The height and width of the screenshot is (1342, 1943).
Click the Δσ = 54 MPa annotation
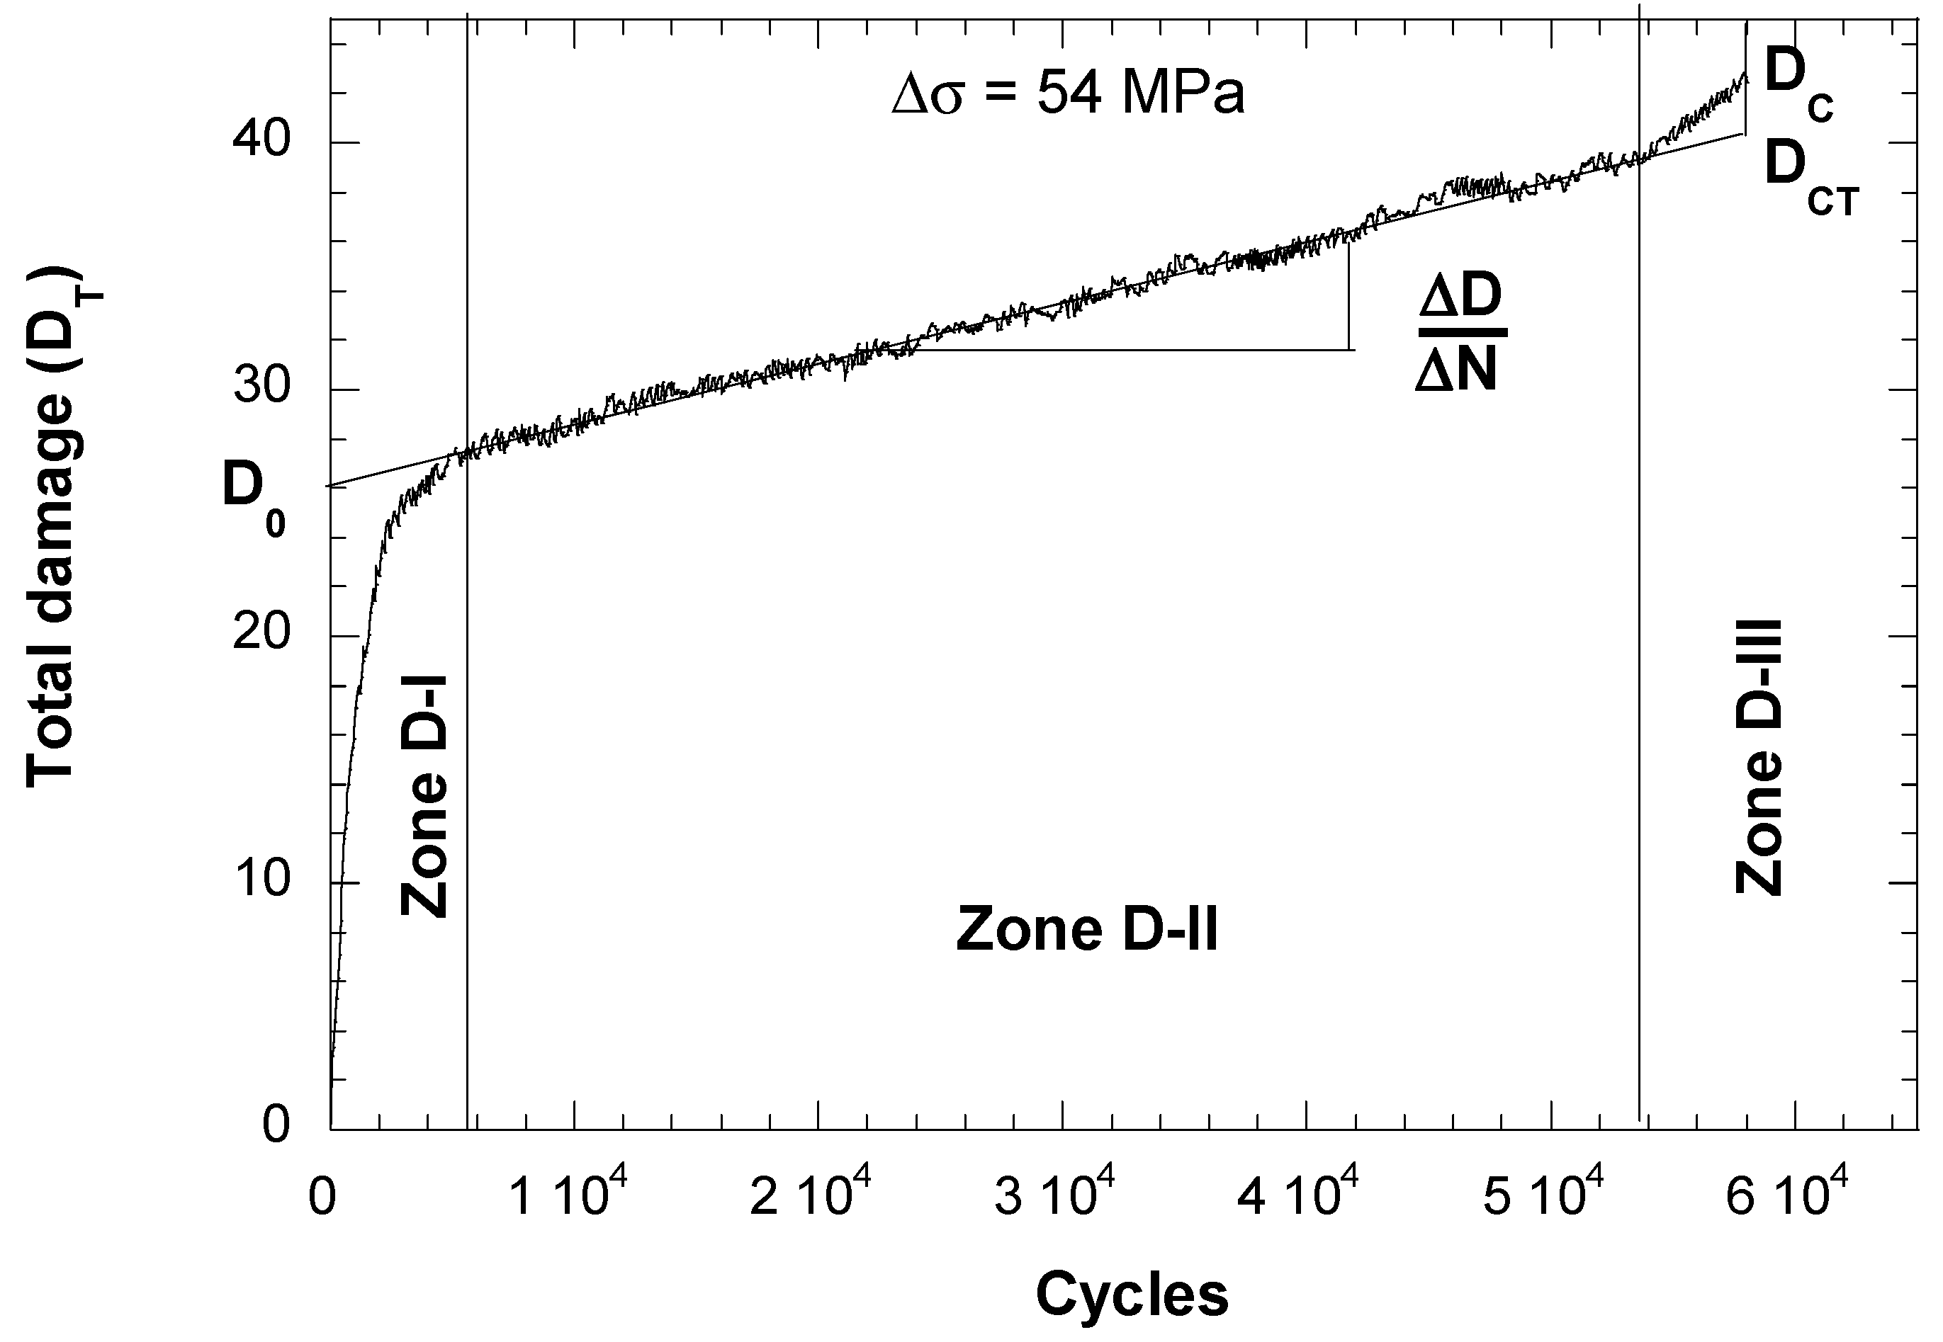tap(1069, 93)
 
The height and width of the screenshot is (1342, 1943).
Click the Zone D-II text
tap(1087, 930)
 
